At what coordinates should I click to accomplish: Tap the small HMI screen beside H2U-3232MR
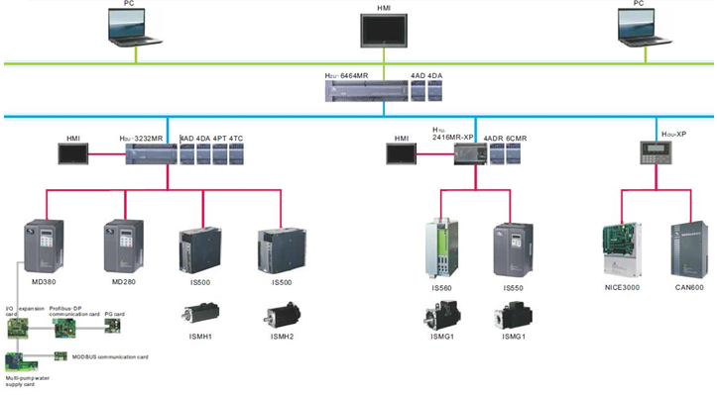click(73, 154)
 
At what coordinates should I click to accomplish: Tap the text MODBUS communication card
click(110, 355)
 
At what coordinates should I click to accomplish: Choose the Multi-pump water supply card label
click(29, 381)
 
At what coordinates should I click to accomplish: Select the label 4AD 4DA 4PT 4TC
click(210, 138)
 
